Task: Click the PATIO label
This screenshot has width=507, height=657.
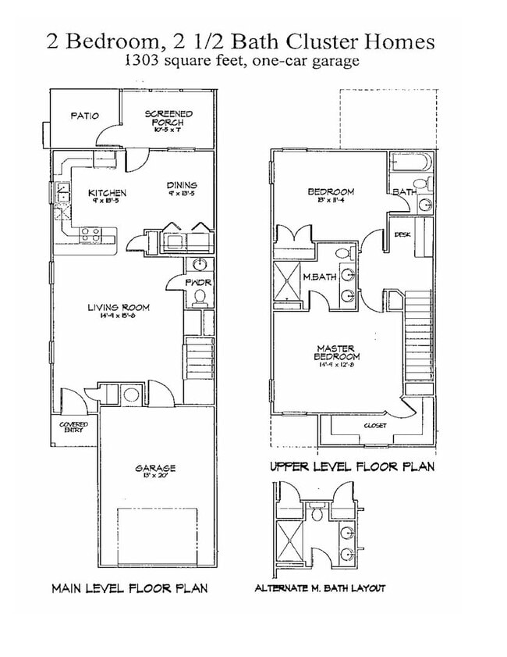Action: point(84,116)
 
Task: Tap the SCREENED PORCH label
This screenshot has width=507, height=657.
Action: point(168,118)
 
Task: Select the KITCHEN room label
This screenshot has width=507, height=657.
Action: point(108,193)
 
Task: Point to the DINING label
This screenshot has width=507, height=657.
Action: point(181,185)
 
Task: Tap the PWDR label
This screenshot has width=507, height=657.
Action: point(199,282)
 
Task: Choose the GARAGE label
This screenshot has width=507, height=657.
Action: point(155,468)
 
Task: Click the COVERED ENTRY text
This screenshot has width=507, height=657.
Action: point(74,427)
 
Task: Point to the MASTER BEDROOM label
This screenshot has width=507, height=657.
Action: point(337,352)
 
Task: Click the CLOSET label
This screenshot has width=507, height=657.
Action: point(375,426)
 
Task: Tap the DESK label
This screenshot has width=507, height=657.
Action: point(402,234)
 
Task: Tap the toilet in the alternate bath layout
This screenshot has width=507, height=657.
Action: point(317,513)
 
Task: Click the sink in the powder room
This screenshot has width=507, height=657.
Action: point(200,263)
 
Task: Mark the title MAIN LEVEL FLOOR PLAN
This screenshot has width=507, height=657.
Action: point(129,588)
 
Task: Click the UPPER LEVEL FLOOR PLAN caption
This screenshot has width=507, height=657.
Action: point(352,466)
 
